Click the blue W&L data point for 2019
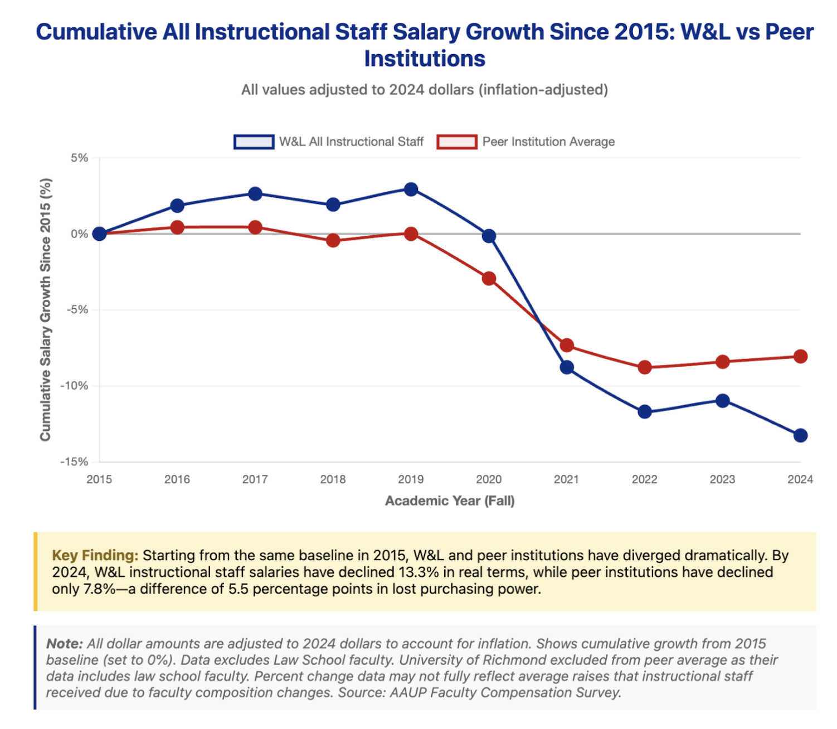tap(411, 189)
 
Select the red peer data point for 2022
tap(645, 367)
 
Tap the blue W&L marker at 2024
tap(800, 435)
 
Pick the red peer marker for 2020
tap(489, 279)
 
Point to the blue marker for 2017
tap(255, 194)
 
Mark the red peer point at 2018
tap(333, 241)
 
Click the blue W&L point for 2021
tap(567, 367)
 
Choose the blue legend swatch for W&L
tap(254, 142)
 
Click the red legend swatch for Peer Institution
tap(457, 142)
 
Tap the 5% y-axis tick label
tap(79, 158)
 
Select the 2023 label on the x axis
tap(722, 479)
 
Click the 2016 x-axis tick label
tap(177, 479)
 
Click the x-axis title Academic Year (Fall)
tap(450, 500)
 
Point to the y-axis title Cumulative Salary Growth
tap(46, 310)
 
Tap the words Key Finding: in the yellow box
tap(95, 556)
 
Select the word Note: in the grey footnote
tap(65, 644)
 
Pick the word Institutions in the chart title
tap(425, 59)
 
